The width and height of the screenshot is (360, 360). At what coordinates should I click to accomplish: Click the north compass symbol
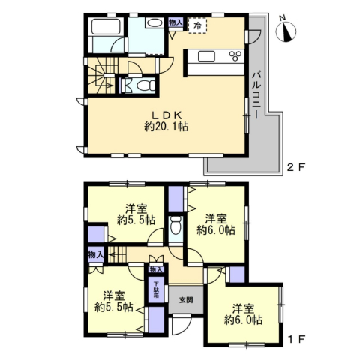[x=286, y=31]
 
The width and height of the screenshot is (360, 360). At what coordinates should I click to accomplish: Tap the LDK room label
[x=166, y=115]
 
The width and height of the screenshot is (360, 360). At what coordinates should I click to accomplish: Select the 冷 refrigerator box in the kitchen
[x=197, y=25]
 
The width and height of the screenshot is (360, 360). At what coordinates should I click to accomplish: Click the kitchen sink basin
[x=206, y=56]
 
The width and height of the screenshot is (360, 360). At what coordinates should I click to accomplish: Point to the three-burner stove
[x=235, y=55]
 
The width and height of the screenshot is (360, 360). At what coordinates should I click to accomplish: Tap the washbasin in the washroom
[x=154, y=24]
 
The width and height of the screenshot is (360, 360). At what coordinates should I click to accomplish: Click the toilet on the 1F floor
[x=175, y=225]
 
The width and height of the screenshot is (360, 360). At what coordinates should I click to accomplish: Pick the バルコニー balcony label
[x=256, y=95]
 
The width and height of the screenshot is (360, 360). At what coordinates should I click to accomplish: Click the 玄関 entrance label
[x=186, y=300]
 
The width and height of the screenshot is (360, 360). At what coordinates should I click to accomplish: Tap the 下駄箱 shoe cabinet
[x=156, y=289]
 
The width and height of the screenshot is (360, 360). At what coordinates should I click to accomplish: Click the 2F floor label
[x=296, y=167]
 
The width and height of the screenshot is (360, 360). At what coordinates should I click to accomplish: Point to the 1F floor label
[x=296, y=339]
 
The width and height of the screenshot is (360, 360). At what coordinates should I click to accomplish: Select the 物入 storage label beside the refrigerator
[x=175, y=22]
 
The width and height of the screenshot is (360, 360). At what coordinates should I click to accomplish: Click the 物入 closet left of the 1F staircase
[x=95, y=255]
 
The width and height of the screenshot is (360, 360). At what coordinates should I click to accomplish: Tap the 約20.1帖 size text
[x=166, y=127]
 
